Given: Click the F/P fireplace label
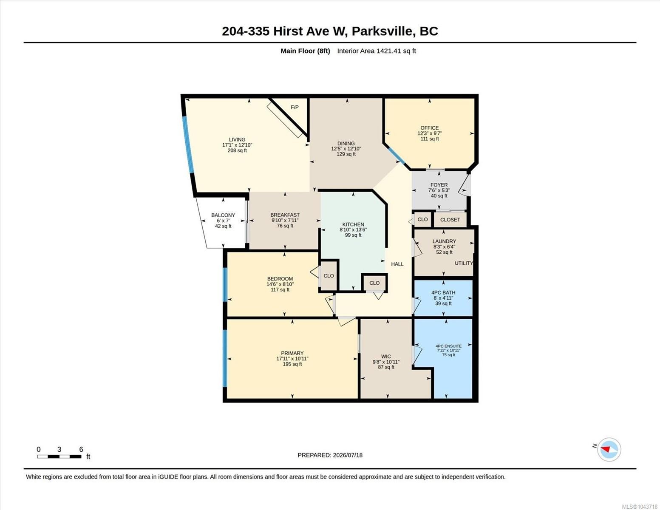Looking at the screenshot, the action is pos(295,107).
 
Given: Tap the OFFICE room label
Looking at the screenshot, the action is pos(430,128).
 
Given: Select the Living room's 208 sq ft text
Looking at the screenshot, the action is pos(237,150).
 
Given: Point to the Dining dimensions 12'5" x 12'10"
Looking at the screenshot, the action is pos(346,149).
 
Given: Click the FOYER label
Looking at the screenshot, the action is pos(439,185).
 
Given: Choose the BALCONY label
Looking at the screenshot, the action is pos(223,215).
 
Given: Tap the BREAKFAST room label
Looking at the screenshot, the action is pos(285,215).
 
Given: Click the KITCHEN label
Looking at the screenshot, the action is pos(353,224).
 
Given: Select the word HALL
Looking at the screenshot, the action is pos(397,264).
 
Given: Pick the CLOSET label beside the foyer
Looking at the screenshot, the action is pos(450,220).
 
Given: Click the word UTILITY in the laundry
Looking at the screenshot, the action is pos(464,263).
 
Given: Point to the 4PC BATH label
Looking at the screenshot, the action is pos(443,292).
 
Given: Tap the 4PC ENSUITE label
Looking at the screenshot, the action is pos(448,346).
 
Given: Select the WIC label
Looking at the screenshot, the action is pos(386,356).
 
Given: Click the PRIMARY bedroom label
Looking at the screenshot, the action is pos(292,353).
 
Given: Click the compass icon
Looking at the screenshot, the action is pos(609,450).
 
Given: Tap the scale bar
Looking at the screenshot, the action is pos(59,456).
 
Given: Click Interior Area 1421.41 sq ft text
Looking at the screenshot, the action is pos(376,51).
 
